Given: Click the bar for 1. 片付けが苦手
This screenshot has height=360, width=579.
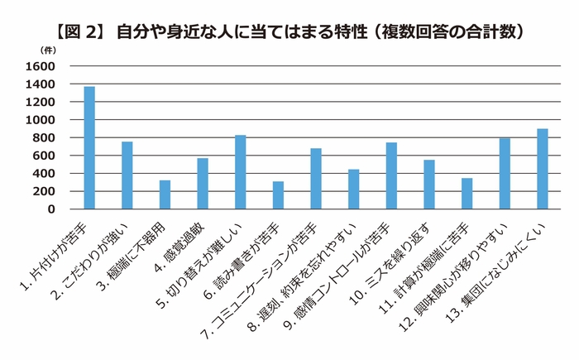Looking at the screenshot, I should (89, 148).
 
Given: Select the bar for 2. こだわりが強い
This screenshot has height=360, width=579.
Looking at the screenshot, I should (127, 175).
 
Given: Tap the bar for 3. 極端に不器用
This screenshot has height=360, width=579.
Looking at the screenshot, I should (165, 194).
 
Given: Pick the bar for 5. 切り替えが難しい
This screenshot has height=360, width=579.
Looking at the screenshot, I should (240, 172).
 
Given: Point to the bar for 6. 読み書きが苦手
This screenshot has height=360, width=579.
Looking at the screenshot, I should (278, 195).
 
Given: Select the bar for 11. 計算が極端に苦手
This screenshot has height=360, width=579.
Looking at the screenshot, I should (467, 194).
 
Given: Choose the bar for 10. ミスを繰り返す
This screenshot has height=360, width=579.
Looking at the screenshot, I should (428, 185).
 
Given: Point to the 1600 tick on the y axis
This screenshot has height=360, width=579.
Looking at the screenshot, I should (40, 66).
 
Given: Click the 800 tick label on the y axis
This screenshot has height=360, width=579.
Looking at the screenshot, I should (43, 137).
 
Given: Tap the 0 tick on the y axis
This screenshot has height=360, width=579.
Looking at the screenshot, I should (51, 209).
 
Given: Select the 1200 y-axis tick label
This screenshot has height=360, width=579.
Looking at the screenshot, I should (40, 102).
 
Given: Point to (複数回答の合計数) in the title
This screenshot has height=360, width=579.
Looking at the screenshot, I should (447, 31).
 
